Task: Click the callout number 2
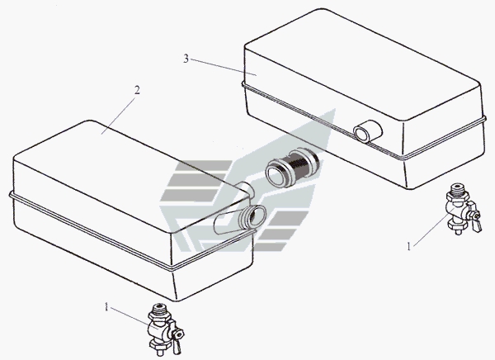click(137, 90)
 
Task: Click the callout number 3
click(186, 59)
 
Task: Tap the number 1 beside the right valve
click(409, 247)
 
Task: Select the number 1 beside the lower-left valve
click(106, 306)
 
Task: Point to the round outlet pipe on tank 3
click(368, 131)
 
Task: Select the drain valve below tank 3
click(463, 208)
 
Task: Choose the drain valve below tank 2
click(165, 328)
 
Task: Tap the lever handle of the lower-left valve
click(177, 338)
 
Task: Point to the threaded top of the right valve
click(457, 190)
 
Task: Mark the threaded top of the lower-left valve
click(159, 309)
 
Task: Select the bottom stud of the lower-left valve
click(158, 345)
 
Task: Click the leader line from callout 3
click(224, 68)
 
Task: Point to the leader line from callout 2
click(119, 116)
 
